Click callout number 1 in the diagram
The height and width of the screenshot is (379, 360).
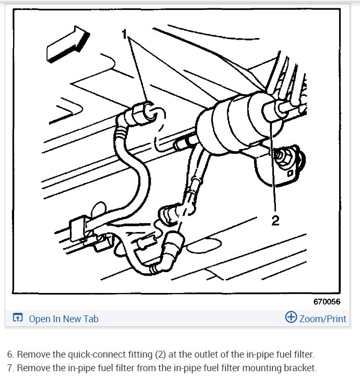click(125, 35)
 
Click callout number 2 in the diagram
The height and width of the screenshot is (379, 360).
click(275, 221)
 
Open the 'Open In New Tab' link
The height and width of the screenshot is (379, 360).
click(63, 319)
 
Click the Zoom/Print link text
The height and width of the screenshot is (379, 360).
click(322, 318)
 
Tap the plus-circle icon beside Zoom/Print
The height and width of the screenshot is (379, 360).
click(291, 317)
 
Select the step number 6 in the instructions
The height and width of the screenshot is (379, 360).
click(9, 354)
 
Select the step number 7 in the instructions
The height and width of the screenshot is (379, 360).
click(9, 368)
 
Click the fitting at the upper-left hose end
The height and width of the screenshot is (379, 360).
click(143, 112)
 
